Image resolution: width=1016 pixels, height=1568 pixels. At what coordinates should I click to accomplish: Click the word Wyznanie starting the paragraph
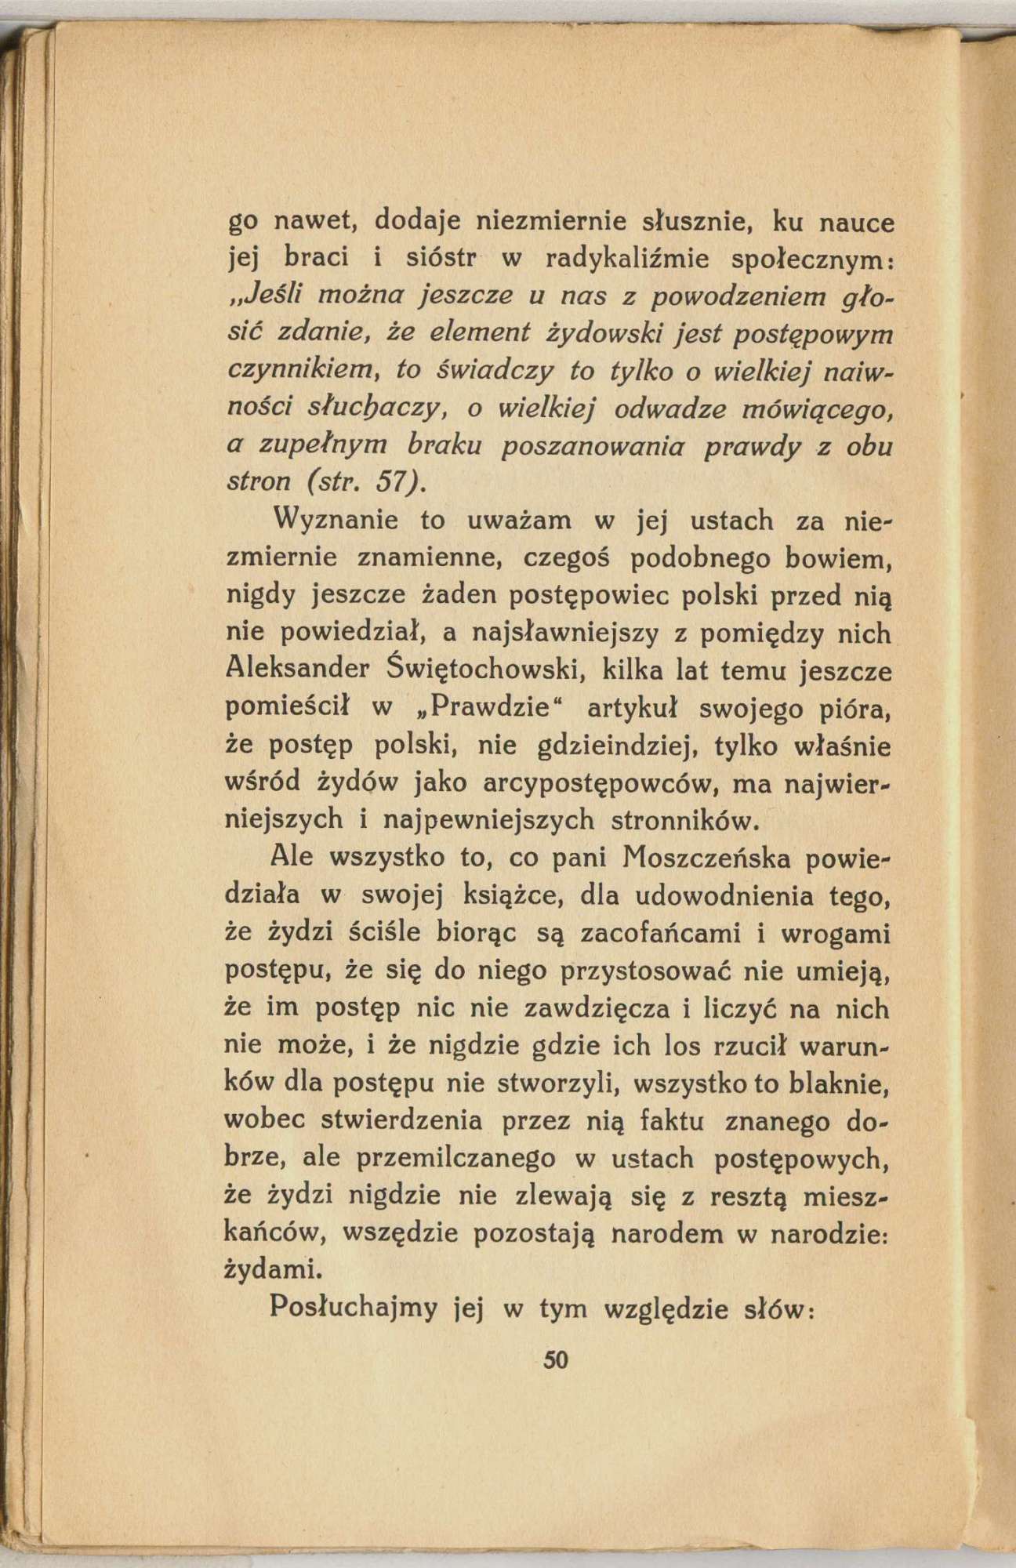(x=335, y=521)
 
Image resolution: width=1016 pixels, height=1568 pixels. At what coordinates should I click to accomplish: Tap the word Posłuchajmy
(x=351, y=1309)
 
